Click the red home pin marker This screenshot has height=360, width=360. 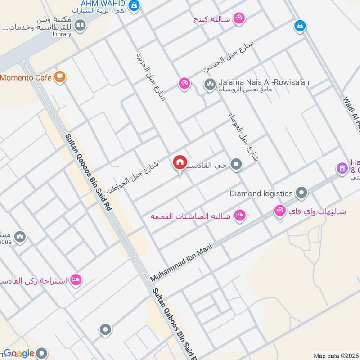tap(180, 162)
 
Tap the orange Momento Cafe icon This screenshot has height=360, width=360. tap(59, 77)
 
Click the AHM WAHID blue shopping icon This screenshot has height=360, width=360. tap(134, 5)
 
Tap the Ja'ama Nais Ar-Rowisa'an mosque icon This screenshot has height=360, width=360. tap(210, 84)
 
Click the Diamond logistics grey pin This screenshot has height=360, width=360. tap(301, 193)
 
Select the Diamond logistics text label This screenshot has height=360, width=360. tap(261, 193)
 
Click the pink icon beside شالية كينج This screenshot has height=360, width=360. tap(239, 18)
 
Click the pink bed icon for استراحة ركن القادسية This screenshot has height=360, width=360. tap(76, 280)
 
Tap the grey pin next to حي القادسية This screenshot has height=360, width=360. tap(236, 165)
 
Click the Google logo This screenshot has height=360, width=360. tap(19, 353)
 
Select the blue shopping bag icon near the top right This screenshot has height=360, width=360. tap(299, 26)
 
